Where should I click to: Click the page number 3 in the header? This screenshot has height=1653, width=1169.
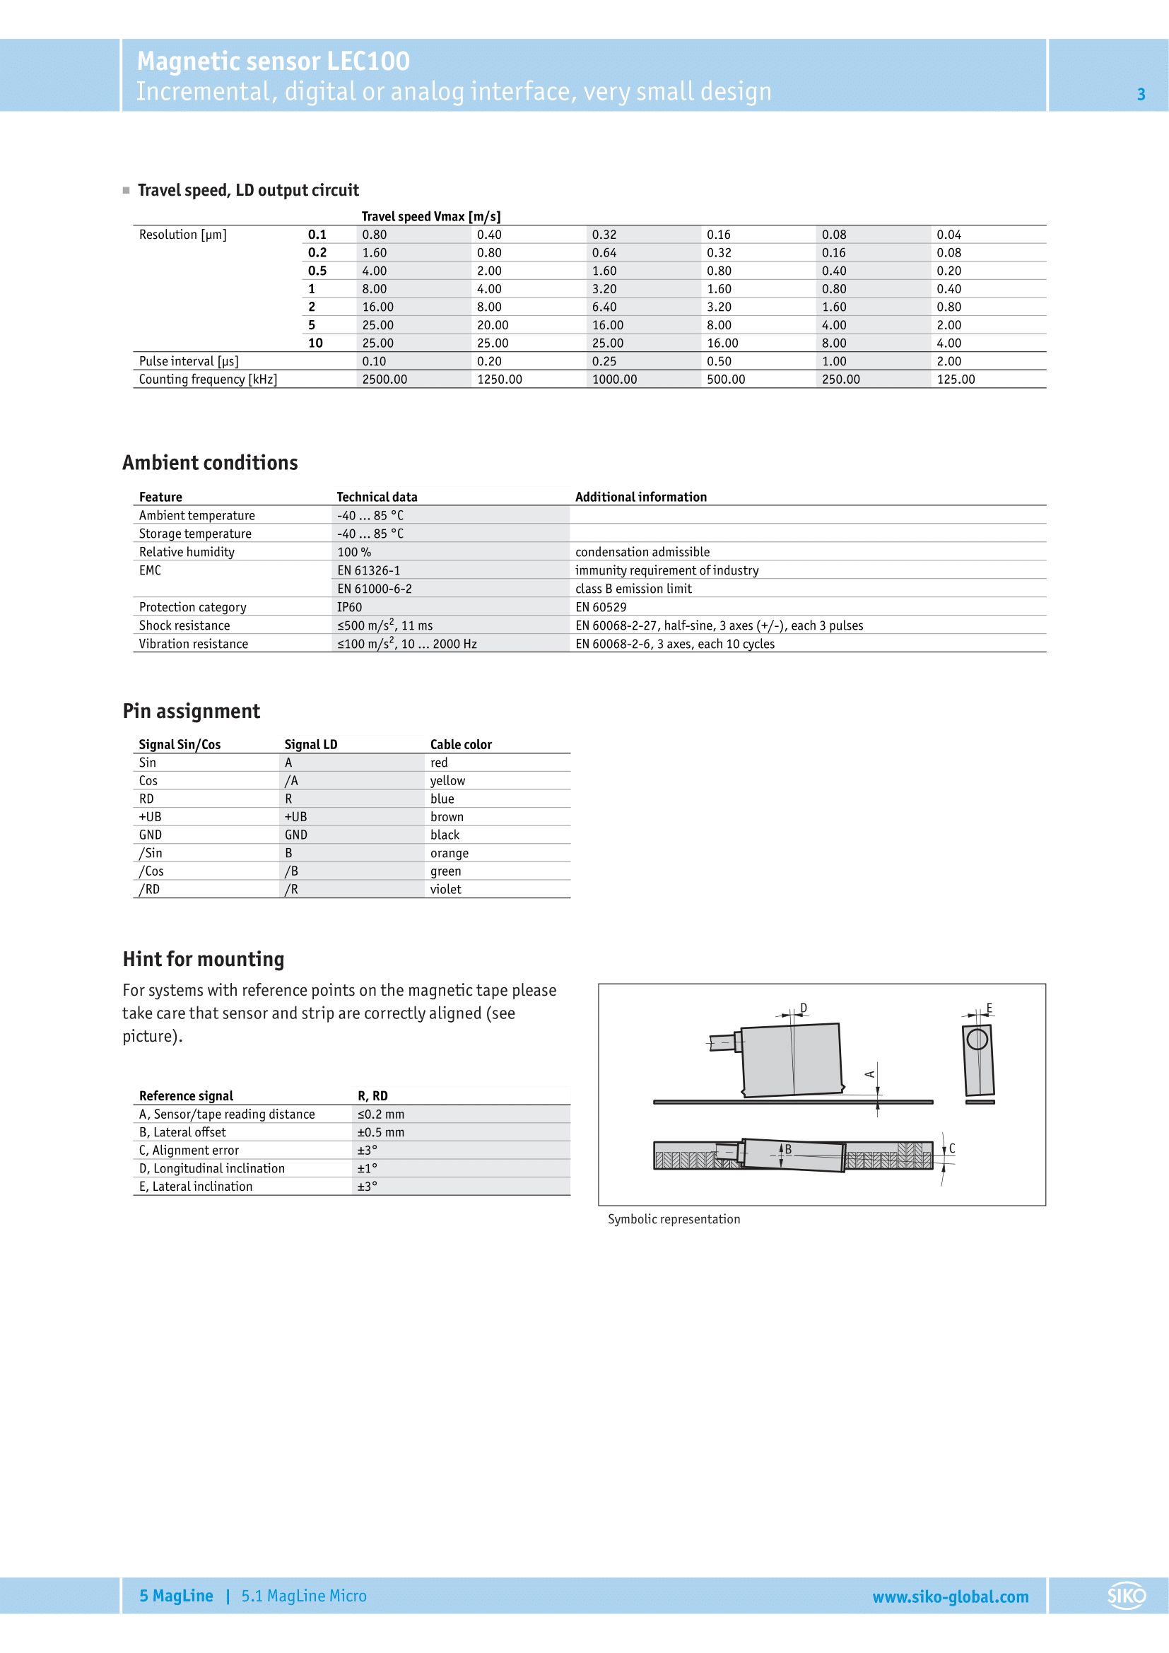[1141, 94]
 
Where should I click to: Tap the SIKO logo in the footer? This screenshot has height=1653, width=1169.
[1127, 1596]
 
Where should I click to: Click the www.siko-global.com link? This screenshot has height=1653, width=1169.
[950, 1597]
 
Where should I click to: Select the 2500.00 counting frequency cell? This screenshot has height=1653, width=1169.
[384, 380]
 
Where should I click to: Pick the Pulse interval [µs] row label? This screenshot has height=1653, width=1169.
[189, 361]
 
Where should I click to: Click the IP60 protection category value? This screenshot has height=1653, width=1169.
[350, 607]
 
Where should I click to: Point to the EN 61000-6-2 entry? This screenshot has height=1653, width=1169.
[375, 589]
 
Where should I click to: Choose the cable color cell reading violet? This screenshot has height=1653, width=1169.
[445, 889]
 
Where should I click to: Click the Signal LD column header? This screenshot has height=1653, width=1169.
[311, 744]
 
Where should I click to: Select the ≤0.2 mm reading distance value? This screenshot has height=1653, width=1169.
[381, 1114]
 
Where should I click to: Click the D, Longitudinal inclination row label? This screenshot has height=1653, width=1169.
[211, 1168]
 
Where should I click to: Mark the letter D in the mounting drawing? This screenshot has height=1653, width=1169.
[804, 1008]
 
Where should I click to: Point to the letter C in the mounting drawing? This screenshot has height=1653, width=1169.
[951, 1148]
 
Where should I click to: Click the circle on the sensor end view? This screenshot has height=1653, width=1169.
[977, 1039]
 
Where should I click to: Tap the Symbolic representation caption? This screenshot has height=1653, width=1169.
[674, 1219]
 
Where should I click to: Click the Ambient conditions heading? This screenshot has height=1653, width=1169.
[210, 463]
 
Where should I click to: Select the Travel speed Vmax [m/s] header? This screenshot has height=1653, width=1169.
[431, 217]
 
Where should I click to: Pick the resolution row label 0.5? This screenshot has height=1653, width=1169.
[317, 271]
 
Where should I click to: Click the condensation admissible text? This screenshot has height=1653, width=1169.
[642, 552]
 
